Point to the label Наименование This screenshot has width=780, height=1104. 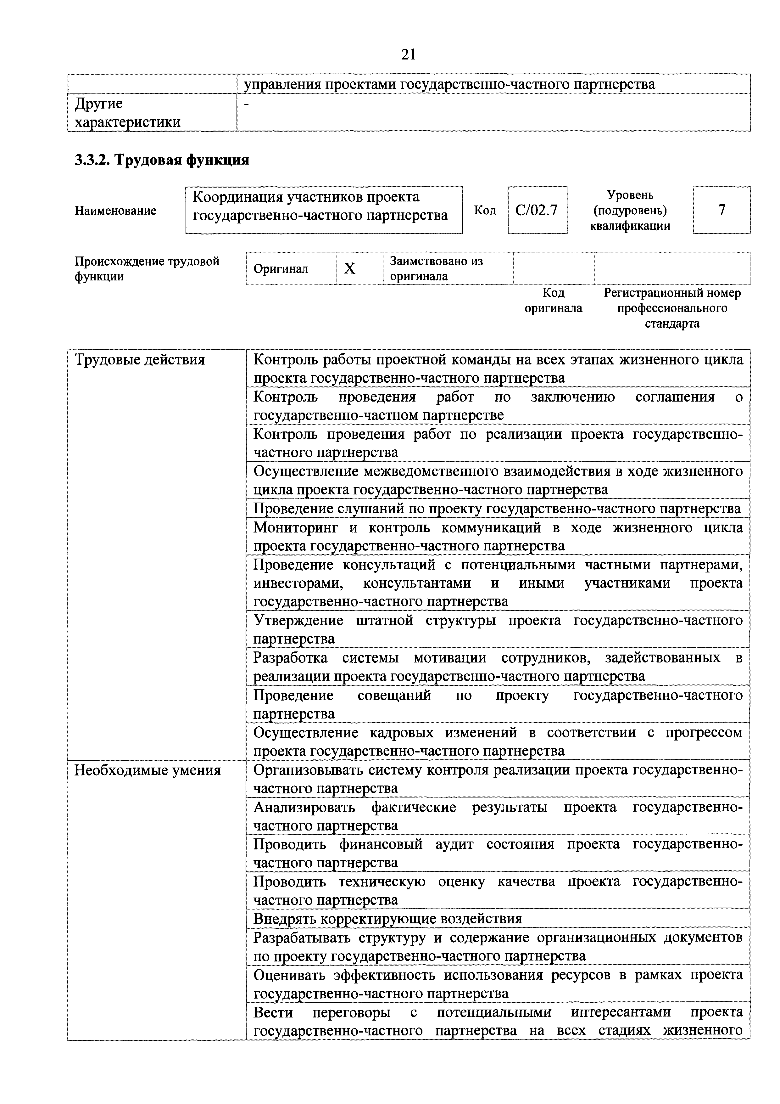click(x=115, y=211)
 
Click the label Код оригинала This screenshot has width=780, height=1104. click(x=553, y=301)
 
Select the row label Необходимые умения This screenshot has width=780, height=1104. click(x=148, y=771)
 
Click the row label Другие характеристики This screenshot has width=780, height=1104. click(x=127, y=113)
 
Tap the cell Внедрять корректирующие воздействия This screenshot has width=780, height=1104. click(x=387, y=919)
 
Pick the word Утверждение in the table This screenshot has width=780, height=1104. click(x=298, y=620)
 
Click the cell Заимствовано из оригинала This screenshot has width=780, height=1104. click(x=436, y=268)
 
